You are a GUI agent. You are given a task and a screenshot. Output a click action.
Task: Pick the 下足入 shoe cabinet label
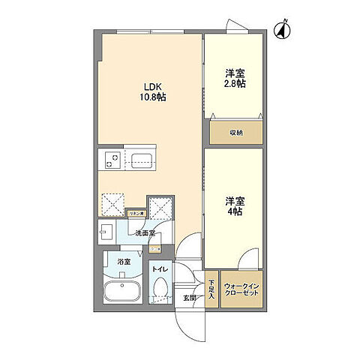(x=211, y=289)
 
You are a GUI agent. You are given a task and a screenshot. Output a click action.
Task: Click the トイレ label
(x=160, y=268)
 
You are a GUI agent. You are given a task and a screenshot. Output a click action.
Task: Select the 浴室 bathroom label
(x=123, y=262)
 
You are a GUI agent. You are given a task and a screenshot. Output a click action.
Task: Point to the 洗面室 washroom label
(x=145, y=233)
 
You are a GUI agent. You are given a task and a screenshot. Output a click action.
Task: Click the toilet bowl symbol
(x=160, y=289)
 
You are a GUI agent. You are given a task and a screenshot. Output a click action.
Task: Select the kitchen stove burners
(x=110, y=160)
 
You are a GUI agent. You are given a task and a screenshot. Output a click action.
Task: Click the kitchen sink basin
(x=141, y=160)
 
